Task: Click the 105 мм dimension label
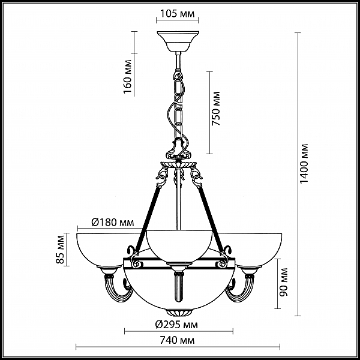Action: click(x=177, y=14)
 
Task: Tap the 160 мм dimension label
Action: click(x=127, y=76)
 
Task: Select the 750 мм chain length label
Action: click(x=215, y=109)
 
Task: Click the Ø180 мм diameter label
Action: click(x=113, y=223)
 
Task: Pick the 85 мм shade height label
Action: click(x=60, y=250)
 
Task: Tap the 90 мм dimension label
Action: click(x=283, y=282)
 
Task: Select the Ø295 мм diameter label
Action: click(x=176, y=325)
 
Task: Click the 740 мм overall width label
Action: click(x=177, y=340)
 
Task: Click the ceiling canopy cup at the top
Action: click(x=178, y=41)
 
